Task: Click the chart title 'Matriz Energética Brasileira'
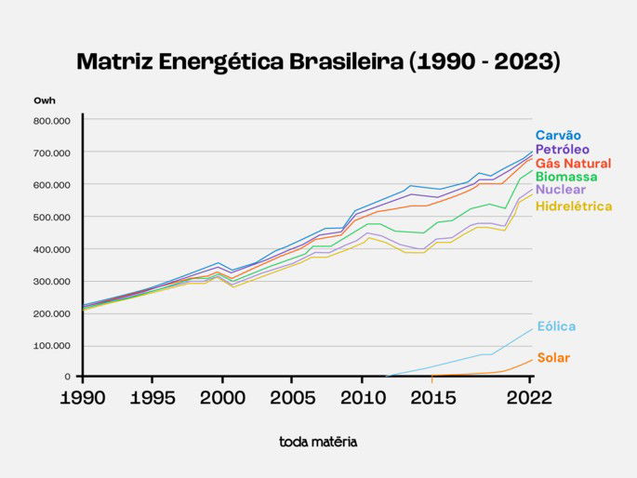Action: click(x=318, y=62)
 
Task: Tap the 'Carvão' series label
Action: click(x=558, y=136)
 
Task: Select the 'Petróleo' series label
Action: click(x=562, y=150)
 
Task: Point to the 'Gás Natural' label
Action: click(x=573, y=164)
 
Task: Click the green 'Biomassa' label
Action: click(x=566, y=177)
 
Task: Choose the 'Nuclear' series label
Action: click(x=561, y=190)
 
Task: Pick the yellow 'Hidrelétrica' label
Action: click(x=574, y=206)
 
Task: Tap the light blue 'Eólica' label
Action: click(x=556, y=326)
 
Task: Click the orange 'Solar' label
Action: click(x=553, y=358)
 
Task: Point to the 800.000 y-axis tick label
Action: click(x=52, y=121)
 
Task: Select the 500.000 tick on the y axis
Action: click(x=52, y=218)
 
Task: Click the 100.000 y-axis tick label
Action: click(x=52, y=346)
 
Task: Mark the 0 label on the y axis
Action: click(x=68, y=377)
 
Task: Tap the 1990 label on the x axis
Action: click(x=82, y=397)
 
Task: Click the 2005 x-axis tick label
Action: click(x=291, y=397)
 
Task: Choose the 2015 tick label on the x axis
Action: click(x=431, y=397)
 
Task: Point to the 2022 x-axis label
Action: click(x=531, y=397)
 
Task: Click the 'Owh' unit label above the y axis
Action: click(x=45, y=100)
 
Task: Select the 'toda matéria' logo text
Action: click(x=318, y=442)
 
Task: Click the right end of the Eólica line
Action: click(x=532, y=329)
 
